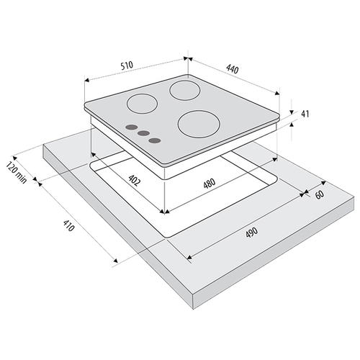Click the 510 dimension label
[x=127, y=66]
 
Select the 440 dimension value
[x=233, y=69]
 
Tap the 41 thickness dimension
[x=305, y=114]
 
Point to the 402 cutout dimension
[x=134, y=180]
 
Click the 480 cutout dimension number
[x=210, y=184]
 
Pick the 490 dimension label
[x=252, y=233]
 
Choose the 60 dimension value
[x=320, y=194]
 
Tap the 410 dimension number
[x=68, y=225]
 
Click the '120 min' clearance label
[x=16, y=173]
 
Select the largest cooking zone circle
[x=199, y=124]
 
